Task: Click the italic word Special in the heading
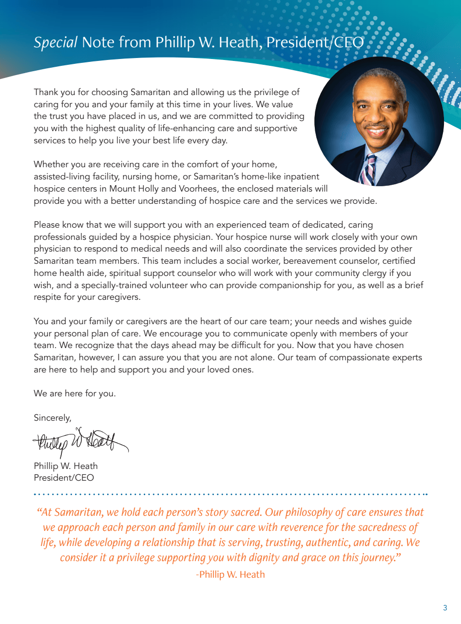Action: coord(56,43)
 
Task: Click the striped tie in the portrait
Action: coord(370,169)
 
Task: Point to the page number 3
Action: coord(445,607)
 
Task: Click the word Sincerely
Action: coord(52,418)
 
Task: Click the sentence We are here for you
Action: coord(75,393)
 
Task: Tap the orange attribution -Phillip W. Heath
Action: coord(230,574)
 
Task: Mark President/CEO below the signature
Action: coord(64,478)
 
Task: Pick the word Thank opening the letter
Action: coord(45,92)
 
